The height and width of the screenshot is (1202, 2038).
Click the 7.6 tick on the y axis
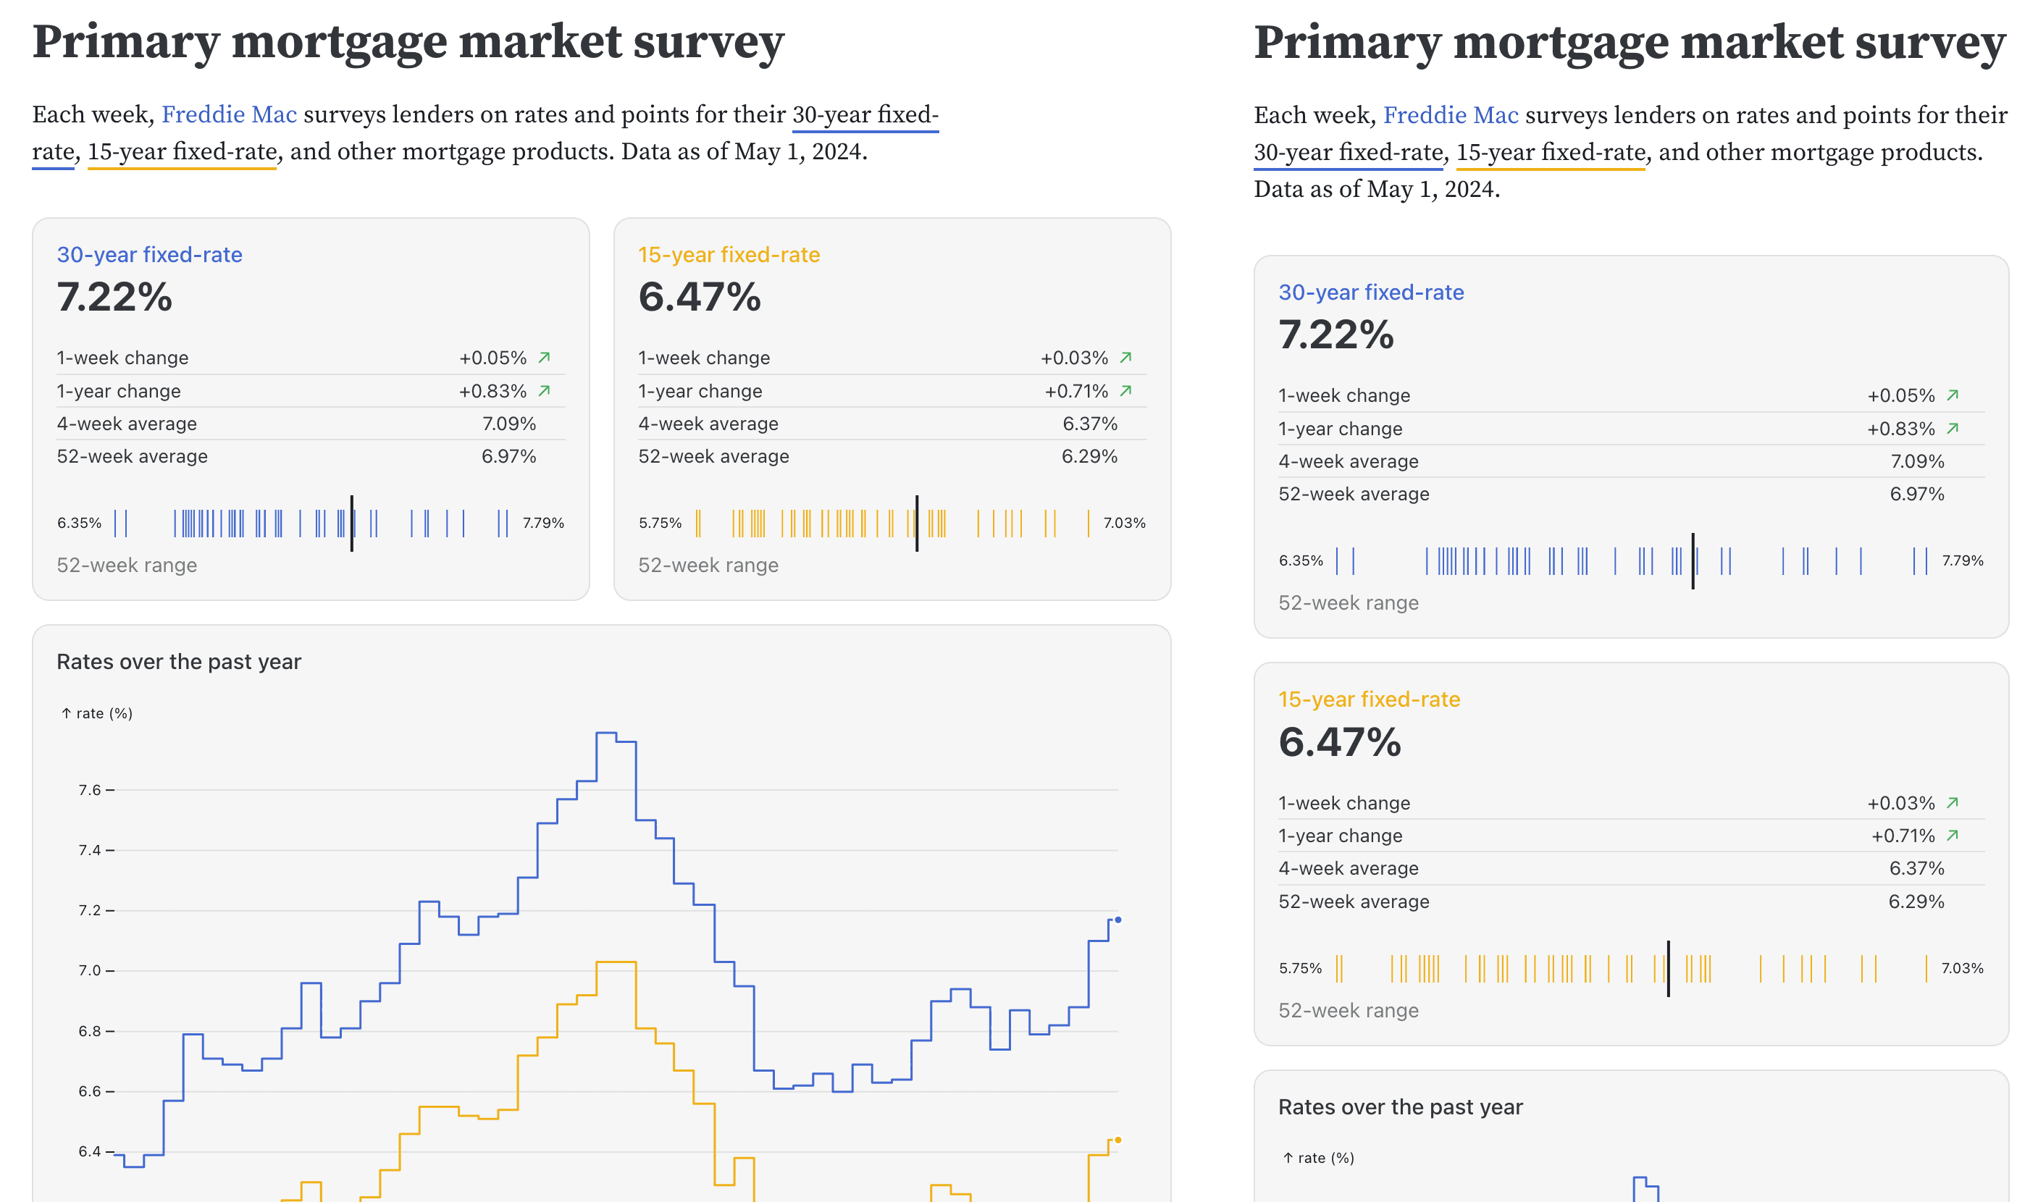pos(90,790)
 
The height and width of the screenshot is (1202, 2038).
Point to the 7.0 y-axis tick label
pos(90,970)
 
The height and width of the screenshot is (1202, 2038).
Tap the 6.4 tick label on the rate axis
pos(90,1151)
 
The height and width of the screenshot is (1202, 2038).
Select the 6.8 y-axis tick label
pos(90,1031)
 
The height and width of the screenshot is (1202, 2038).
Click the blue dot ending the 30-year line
pos(1117,920)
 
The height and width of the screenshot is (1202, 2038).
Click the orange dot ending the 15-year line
pos(1117,1140)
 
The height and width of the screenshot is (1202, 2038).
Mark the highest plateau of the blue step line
pos(606,733)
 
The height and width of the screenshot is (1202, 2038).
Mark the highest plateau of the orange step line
pos(616,962)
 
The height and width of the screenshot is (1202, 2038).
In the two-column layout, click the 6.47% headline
pos(699,296)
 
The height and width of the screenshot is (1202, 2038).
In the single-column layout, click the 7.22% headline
pos(1335,335)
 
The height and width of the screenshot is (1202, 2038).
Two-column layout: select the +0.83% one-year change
pos(492,391)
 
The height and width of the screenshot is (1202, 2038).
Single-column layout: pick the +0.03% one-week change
pos(1900,803)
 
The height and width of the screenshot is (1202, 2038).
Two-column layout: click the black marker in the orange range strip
pos(916,524)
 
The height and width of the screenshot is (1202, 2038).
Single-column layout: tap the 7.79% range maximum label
pos(1962,560)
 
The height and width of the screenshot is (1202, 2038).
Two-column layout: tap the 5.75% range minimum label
pos(659,524)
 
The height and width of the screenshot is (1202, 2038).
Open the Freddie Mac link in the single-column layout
pos(1450,115)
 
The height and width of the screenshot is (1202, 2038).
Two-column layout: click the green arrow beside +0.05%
pos(545,357)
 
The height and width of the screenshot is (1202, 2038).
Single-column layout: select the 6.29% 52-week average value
pos(1916,901)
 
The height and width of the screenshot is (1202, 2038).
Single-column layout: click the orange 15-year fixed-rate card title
pos(1369,699)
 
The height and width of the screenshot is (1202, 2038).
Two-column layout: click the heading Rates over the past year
pos(179,662)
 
